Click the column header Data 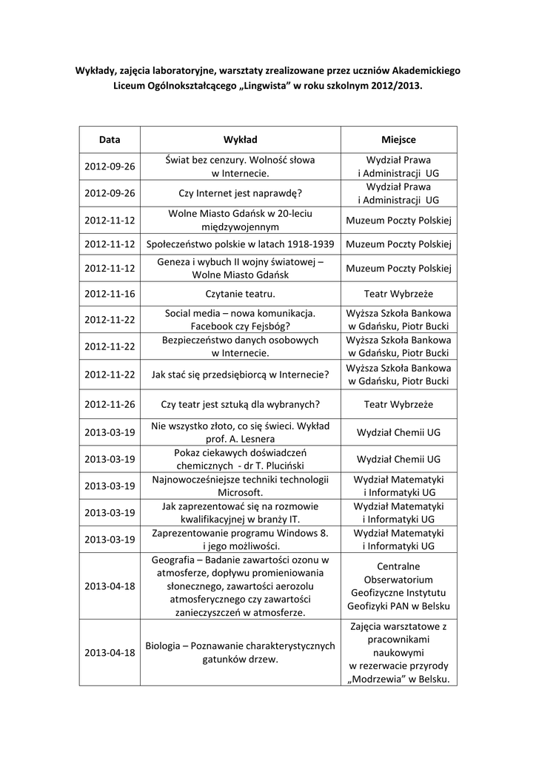[x=110, y=139]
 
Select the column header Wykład [x=241, y=139]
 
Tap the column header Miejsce [x=398, y=139]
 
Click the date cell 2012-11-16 [x=110, y=294]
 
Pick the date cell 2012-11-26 [x=110, y=405]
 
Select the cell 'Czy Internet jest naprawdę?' [x=241, y=193]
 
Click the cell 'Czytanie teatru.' [x=241, y=294]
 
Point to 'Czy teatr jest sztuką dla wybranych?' [x=241, y=405]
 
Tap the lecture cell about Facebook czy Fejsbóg [x=241, y=320]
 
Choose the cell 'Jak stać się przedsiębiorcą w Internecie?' [x=241, y=375]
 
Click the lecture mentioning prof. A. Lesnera [x=241, y=432]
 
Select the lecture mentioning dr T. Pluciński [x=241, y=459]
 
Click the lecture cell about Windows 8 [x=241, y=539]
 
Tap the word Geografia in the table [x=175, y=560]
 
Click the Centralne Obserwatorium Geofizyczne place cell [x=398, y=586]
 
